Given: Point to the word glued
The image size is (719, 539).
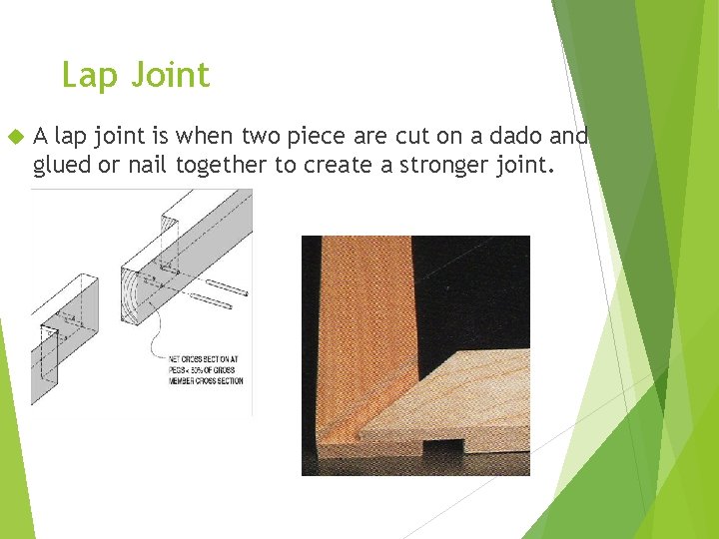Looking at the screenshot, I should pyautogui.click(x=62, y=165).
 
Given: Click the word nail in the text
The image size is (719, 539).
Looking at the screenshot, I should pyautogui.click(x=146, y=165).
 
